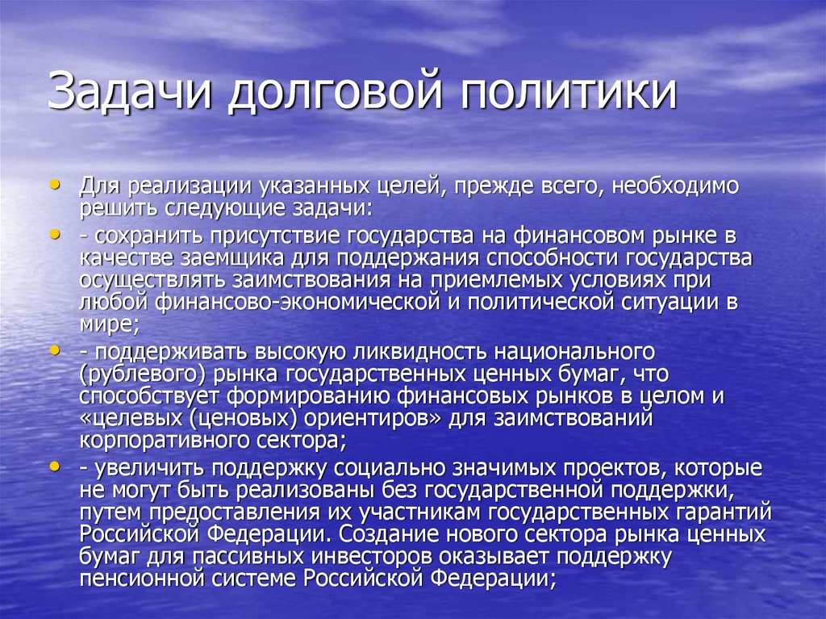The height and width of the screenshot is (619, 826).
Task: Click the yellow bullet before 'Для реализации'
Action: point(54,184)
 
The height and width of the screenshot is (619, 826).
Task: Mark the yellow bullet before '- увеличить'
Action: point(54,466)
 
